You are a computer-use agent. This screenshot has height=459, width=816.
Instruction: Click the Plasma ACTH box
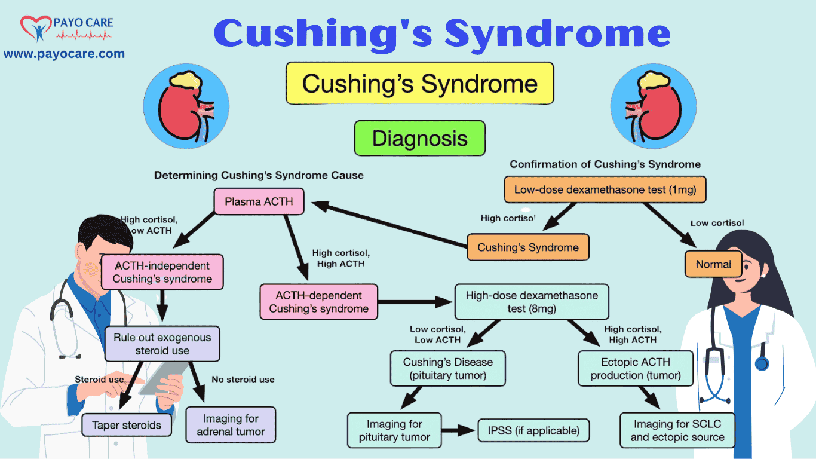click(x=259, y=202)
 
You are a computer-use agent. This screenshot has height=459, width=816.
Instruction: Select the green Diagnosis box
click(x=419, y=139)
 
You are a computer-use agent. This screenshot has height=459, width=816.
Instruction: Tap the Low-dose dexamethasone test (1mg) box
click(x=605, y=191)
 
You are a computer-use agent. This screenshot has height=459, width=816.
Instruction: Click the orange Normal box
click(x=713, y=264)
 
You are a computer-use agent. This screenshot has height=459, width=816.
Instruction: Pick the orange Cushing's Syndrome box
click(x=528, y=247)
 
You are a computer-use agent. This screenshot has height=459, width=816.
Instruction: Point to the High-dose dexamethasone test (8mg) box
click(x=532, y=302)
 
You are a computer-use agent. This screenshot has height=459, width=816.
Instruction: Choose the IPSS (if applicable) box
click(x=533, y=430)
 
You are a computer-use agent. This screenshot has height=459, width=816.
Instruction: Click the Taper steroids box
click(x=127, y=426)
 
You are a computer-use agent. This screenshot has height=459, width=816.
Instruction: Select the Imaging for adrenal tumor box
click(x=231, y=425)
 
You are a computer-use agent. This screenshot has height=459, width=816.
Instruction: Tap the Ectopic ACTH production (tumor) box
click(x=636, y=369)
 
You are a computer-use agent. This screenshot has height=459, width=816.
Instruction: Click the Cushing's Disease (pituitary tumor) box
click(x=448, y=369)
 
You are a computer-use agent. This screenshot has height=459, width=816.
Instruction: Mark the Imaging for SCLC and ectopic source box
click(x=677, y=430)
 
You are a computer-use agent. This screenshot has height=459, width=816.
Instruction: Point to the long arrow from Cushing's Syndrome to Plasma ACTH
click(x=388, y=225)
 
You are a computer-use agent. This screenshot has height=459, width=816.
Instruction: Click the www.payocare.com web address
click(x=64, y=54)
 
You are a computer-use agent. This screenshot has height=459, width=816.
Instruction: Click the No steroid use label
click(x=243, y=380)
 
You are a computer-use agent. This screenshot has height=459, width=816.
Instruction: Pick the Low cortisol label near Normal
click(x=717, y=223)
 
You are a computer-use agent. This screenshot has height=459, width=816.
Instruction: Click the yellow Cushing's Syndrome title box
click(x=419, y=84)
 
